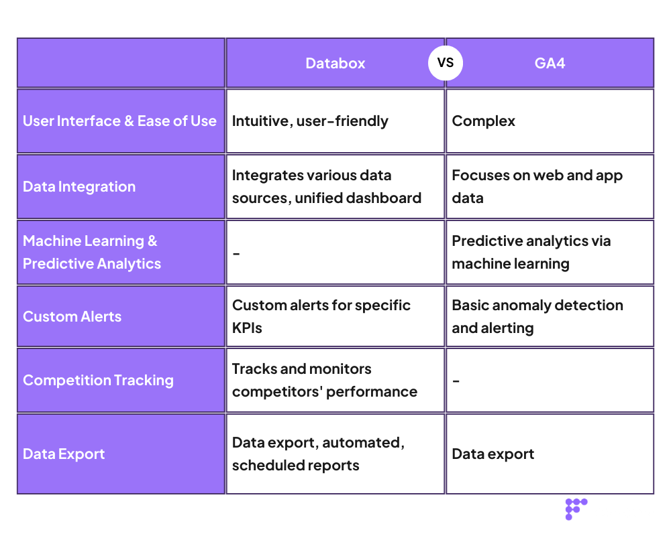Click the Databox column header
[335, 64]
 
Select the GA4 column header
[550, 64]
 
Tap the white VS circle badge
[446, 63]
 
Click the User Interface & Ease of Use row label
[119, 121]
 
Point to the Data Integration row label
[79, 187]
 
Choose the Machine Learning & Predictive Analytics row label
[92, 253]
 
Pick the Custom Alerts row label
[72, 317]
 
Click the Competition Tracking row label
[98, 381]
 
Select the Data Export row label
[64, 454]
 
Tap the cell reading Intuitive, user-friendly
[310, 121]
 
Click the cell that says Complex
[484, 121]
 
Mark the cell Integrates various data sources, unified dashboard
[327, 187]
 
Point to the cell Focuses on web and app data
[537, 187]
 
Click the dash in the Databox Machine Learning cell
[236, 253]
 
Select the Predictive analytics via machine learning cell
[531, 253]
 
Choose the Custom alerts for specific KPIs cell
[321, 317]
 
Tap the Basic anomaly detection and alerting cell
[537, 317]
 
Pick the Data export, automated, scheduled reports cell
[318, 454]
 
